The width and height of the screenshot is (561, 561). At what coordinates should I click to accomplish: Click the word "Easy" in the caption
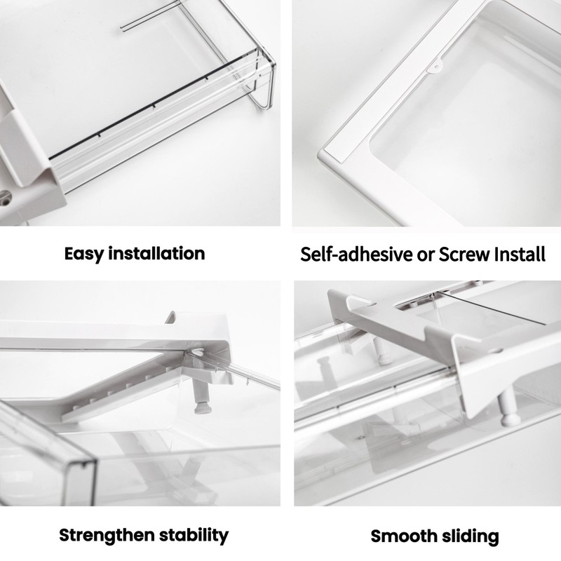83,253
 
